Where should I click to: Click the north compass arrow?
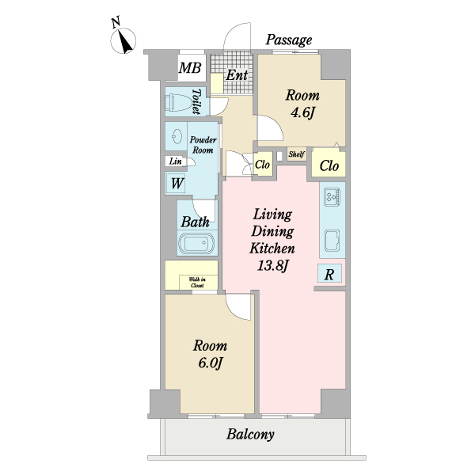124,40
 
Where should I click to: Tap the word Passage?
288,40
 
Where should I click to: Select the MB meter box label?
189,69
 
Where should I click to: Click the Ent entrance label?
237,75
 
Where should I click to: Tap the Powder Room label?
203,145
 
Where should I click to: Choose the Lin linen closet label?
175,161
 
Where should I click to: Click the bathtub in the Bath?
194,244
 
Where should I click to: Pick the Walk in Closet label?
197,282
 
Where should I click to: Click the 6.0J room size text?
210,363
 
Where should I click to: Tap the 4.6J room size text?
302,112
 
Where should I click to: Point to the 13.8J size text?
272,265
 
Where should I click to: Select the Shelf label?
296,154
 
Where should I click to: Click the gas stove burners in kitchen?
332,195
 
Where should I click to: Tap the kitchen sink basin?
332,237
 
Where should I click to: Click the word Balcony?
250,434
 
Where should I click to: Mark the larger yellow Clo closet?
330,166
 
